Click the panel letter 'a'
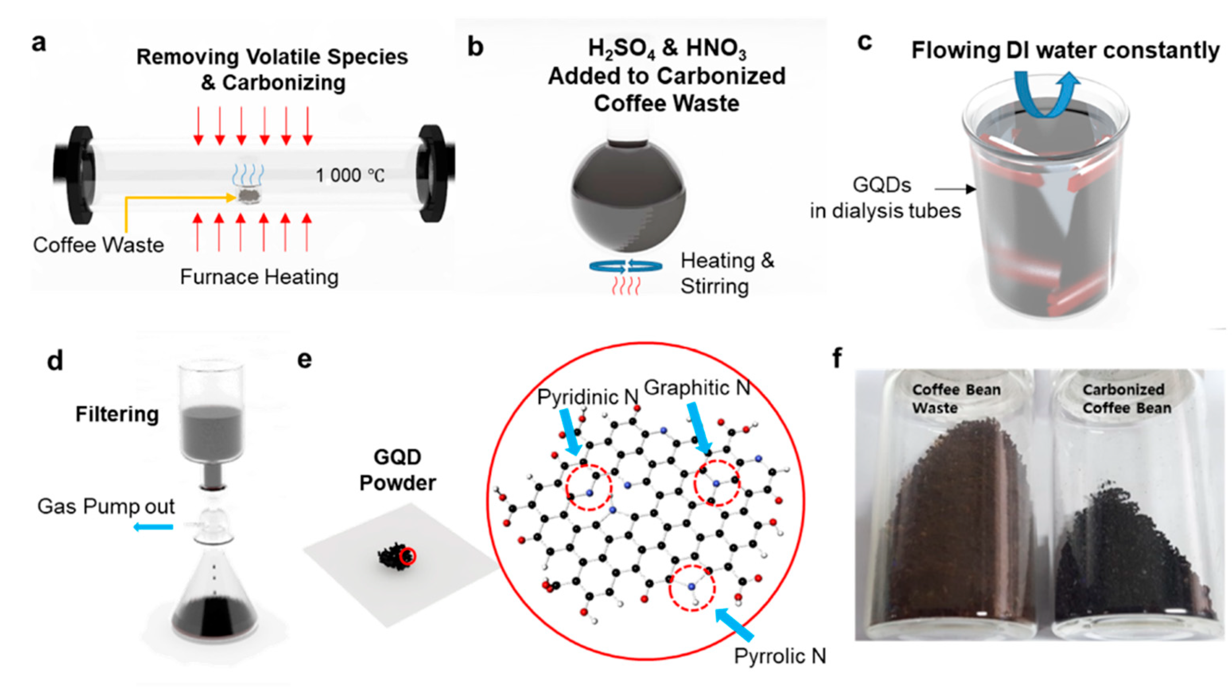tap(39, 43)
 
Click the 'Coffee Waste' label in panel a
tap(99, 245)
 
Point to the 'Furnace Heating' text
tap(259, 277)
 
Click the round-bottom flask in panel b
tap(628, 196)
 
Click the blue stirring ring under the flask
tap(626, 267)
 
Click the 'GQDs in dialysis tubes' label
tap(885, 198)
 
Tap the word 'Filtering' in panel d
tap(117, 414)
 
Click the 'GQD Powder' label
tap(398, 470)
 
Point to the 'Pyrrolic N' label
tap(780, 656)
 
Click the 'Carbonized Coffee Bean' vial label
tap(1126, 399)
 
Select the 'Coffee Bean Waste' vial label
tap(956, 399)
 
